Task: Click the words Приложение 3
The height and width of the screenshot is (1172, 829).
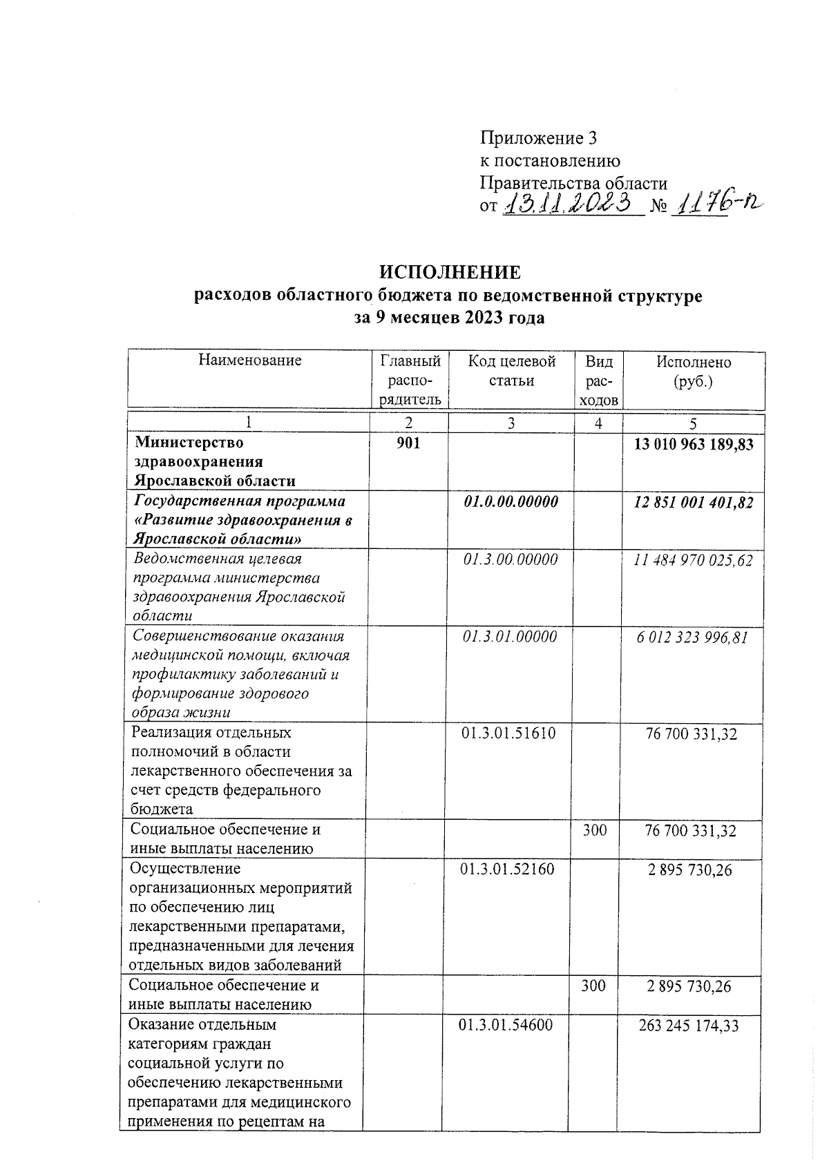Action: click(538, 139)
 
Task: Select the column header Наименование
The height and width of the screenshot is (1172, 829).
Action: click(249, 360)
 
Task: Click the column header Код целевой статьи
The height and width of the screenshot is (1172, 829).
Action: click(511, 371)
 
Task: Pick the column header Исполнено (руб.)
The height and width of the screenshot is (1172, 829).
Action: click(693, 372)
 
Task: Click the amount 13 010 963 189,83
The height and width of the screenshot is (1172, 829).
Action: click(694, 443)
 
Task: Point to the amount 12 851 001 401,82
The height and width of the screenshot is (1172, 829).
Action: click(694, 502)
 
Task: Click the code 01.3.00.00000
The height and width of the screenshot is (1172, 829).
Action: click(511, 559)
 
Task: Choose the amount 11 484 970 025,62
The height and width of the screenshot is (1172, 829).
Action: click(693, 560)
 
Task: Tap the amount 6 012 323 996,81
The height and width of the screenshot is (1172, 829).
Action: click(692, 637)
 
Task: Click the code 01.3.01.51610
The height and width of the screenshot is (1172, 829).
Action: click(508, 733)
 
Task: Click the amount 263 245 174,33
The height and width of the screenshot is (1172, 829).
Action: click(689, 1026)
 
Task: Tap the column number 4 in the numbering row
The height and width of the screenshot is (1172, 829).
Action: click(598, 423)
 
